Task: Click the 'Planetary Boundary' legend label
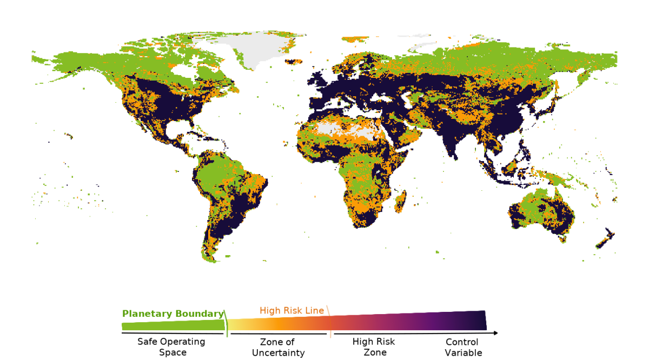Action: pos(173,314)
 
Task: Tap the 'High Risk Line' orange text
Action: pos(292,310)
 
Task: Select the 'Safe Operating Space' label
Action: pos(171,347)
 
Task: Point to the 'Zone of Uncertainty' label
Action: pos(277,348)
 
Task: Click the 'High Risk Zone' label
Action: pos(374,347)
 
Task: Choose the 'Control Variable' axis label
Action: pos(462,348)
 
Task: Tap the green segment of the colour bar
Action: pos(173,325)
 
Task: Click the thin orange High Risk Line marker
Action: pos(329,322)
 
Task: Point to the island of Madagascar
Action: pos(401,203)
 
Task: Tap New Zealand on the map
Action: pos(606,239)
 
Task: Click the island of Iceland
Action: pos(294,62)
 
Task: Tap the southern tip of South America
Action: pos(211,258)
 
